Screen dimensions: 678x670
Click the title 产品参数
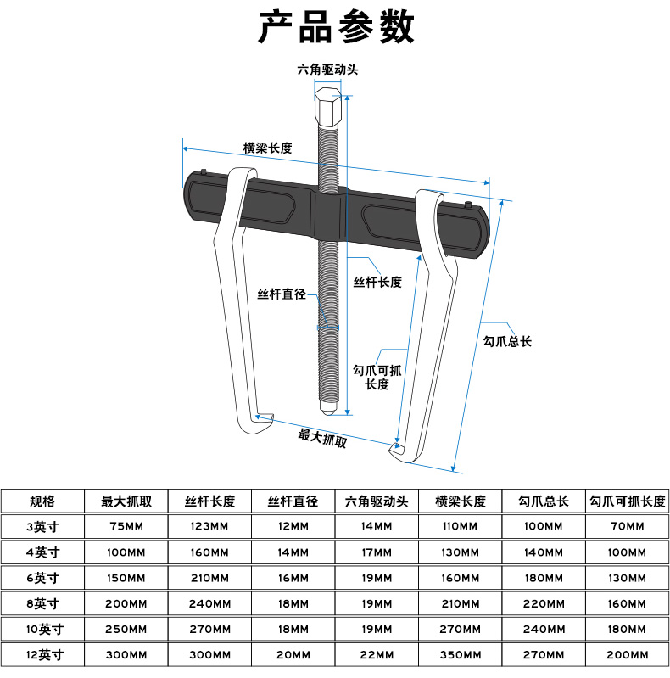(336, 28)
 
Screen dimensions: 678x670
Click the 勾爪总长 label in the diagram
(507, 341)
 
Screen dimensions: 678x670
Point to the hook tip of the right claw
(395, 447)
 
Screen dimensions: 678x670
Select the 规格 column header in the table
(42, 501)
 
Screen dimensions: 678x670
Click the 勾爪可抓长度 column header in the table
(628, 501)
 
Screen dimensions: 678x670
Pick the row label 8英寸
(42, 603)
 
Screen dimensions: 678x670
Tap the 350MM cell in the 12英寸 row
(460, 654)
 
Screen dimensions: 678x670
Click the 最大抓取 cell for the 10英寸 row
(126, 629)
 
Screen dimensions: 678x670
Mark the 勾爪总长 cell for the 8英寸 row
(543, 603)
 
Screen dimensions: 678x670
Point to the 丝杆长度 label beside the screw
(377, 283)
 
